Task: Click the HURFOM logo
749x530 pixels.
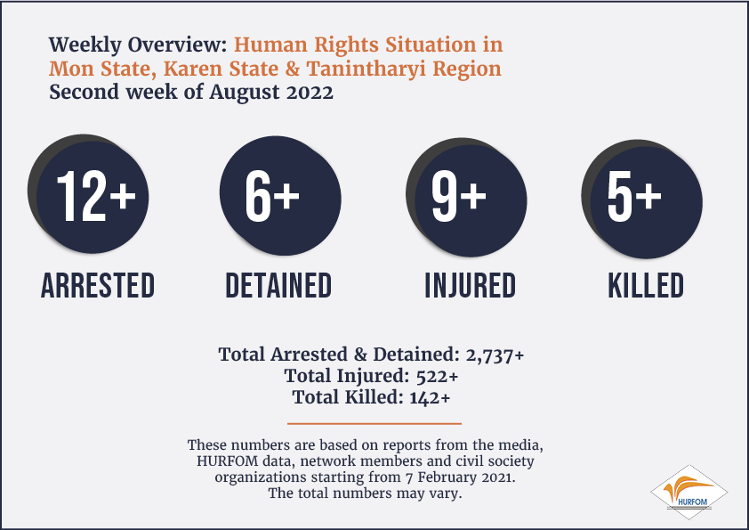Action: tap(689, 493)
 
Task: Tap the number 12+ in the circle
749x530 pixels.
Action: tap(96, 196)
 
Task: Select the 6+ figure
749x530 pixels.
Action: tap(272, 196)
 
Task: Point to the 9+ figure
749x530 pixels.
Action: tap(459, 196)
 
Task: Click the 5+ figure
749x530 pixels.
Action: tap(634, 196)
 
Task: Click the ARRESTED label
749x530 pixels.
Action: tap(98, 286)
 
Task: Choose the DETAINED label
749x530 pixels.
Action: tap(278, 286)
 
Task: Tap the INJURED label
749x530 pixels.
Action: tap(470, 286)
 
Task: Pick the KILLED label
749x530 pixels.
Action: tap(646, 286)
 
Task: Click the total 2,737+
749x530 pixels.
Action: tap(495, 355)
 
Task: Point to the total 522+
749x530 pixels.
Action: tap(437, 377)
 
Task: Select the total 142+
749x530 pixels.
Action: tap(430, 397)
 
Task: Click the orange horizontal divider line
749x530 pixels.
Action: tap(374, 423)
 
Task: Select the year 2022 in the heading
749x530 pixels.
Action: tap(310, 93)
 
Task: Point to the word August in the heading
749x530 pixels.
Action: tap(244, 93)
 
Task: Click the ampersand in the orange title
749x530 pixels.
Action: tap(293, 69)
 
